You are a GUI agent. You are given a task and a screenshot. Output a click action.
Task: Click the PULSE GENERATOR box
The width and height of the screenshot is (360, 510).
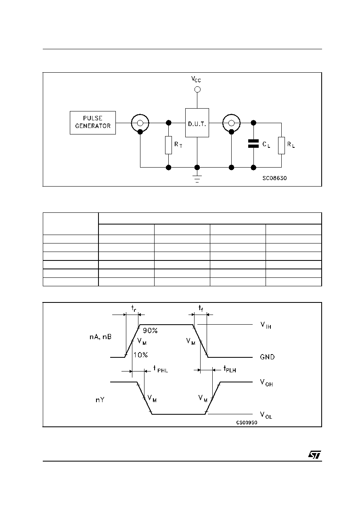tap(92, 122)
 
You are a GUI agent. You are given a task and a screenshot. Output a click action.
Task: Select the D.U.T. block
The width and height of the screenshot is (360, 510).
tap(197, 123)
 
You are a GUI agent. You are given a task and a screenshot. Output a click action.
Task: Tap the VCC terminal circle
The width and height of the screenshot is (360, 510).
tap(197, 90)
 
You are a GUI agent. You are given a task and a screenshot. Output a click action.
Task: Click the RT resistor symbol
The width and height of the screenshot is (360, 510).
tap(168, 145)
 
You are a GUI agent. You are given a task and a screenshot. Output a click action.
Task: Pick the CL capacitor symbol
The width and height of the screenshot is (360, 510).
tap(253, 143)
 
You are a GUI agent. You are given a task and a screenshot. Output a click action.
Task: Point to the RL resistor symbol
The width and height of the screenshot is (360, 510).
tap(281, 145)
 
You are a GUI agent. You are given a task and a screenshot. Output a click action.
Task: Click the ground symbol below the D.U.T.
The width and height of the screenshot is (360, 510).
tap(197, 179)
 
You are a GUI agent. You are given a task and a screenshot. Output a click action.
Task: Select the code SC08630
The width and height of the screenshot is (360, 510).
tap(274, 178)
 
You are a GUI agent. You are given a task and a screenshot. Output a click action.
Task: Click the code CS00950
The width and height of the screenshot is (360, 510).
tap(247, 422)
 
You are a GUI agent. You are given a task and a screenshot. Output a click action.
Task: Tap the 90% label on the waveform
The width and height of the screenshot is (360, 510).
tap(150, 331)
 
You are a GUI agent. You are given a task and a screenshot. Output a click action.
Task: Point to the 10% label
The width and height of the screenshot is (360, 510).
tap(140, 355)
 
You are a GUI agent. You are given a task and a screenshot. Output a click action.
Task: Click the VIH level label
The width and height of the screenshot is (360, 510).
tap(266, 325)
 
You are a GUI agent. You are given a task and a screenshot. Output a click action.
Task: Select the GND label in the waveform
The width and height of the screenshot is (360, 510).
tap(267, 357)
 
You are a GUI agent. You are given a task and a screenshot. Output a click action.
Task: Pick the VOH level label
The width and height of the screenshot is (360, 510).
tap(266, 382)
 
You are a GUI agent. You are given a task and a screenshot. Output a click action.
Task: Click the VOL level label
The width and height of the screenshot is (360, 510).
tap(266, 415)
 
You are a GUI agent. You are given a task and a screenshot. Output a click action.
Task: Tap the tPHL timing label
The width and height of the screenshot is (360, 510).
tap(161, 369)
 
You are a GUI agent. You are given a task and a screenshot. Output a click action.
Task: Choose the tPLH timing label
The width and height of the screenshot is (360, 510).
tap(230, 369)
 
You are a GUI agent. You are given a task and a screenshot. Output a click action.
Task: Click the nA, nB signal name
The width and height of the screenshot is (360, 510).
tap(100, 337)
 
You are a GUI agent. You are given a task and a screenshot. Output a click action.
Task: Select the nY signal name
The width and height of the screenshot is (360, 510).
tap(100, 400)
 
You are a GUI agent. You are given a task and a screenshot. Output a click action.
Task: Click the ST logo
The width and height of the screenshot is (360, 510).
tap(314, 455)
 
